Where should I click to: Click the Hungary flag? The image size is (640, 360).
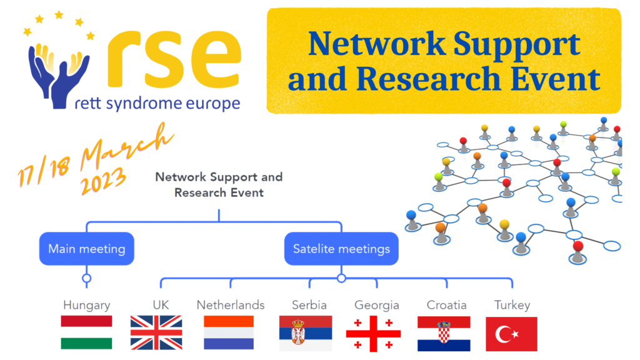click(x=86, y=332)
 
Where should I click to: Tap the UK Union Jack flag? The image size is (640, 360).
click(x=156, y=332)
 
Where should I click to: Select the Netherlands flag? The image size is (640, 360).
click(x=229, y=332)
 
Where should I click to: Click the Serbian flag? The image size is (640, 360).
click(x=305, y=333)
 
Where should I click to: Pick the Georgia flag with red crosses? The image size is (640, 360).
click(x=373, y=334)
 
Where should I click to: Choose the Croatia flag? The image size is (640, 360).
click(x=444, y=334)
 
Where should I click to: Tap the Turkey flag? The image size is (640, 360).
click(x=511, y=334)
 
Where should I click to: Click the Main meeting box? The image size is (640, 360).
click(x=86, y=249)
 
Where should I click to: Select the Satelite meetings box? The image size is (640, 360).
click(x=341, y=249)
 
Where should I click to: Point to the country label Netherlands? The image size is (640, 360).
click(x=231, y=305)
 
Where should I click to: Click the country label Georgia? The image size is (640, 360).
click(x=377, y=305)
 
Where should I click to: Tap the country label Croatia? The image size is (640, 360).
click(x=446, y=305)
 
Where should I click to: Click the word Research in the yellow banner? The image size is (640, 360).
click(x=429, y=78)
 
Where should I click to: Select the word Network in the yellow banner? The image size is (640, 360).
click(x=376, y=43)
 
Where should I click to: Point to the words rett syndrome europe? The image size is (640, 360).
click(x=157, y=104)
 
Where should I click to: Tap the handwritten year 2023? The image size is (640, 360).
click(x=103, y=180)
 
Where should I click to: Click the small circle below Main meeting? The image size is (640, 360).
click(x=86, y=278)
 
